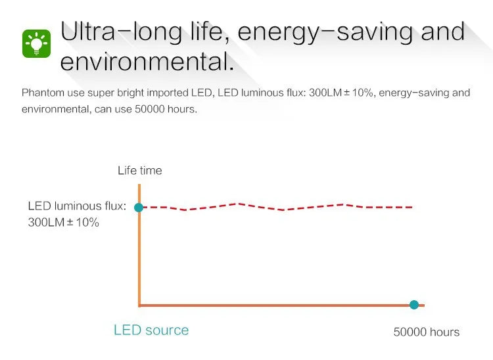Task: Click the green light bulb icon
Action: (x=36, y=43)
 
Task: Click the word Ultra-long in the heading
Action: (x=122, y=32)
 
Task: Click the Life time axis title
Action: (x=140, y=170)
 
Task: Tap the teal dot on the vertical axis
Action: (x=139, y=208)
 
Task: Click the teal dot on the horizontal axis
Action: (x=414, y=304)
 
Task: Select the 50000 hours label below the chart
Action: (x=427, y=332)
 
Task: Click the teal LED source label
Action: (x=151, y=330)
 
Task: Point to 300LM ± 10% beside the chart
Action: (x=64, y=223)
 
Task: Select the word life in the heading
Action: (x=210, y=32)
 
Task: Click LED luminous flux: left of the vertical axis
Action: (x=77, y=206)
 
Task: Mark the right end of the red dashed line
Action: (x=412, y=208)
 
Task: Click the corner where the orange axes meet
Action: (x=139, y=305)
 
